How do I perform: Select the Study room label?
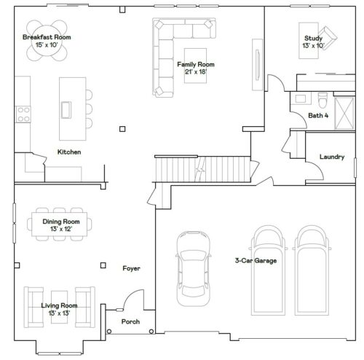point(313,42)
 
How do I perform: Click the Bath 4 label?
point(317,116)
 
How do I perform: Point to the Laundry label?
point(331,157)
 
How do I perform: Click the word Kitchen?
point(69,152)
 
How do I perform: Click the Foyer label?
point(131,268)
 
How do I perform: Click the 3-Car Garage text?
point(255,260)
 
